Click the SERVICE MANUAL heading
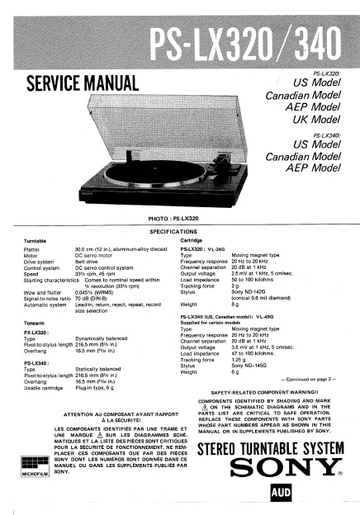click(x=82, y=83)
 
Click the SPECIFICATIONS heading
click(x=180, y=233)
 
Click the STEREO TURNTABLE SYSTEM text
click(x=269, y=448)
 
